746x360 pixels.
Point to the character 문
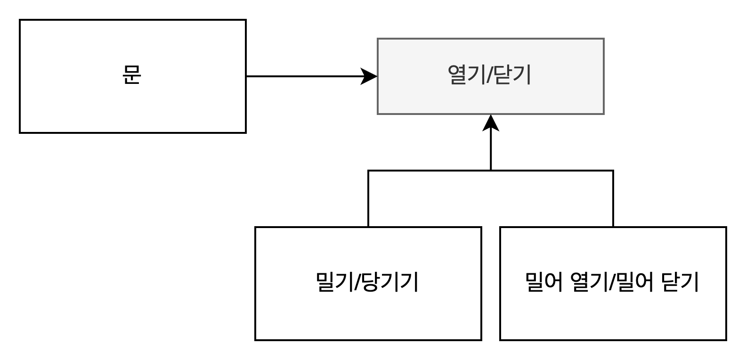(x=132, y=75)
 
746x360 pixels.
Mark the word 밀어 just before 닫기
(x=635, y=282)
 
